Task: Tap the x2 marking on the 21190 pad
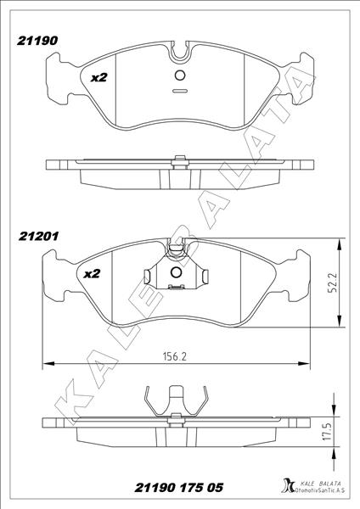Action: click(98, 77)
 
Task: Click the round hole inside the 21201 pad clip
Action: click(177, 273)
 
